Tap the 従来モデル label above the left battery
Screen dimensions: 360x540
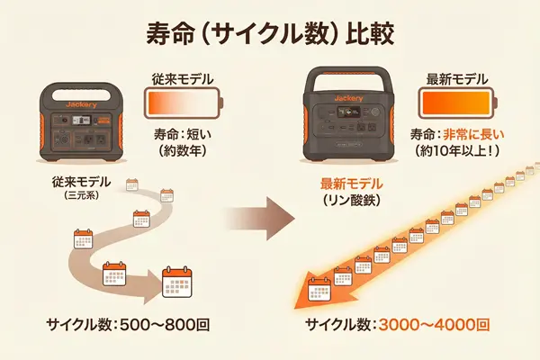tap(183, 78)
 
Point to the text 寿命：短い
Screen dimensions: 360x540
tap(183, 134)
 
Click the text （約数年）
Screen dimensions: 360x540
tap(184, 151)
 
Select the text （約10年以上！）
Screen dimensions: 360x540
tap(456, 151)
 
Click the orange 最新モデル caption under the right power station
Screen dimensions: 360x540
tap(352, 184)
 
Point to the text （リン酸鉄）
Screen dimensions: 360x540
tap(352, 200)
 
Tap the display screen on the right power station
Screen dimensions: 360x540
tap(349, 115)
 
